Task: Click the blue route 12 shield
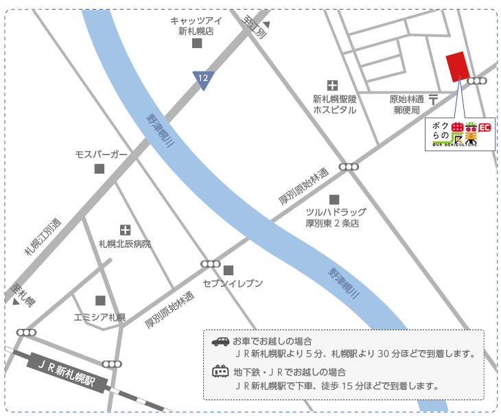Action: [x=203, y=80]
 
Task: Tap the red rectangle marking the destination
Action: [x=455, y=67]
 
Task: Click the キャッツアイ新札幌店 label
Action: [x=196, y=26]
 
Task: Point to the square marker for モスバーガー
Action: [x=100, y=169]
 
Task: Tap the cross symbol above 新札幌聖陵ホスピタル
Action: [x=333, y=86]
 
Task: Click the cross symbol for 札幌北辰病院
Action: [x=125, y=230]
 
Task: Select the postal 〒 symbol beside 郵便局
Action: [x=434, y=100]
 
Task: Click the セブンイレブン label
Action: [x=233, y=284]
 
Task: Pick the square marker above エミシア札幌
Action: [x=101, y=301]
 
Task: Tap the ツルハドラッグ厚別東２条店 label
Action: [x=336, y=218]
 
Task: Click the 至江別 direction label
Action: [x=255, y=27]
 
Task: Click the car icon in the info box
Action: [x=220, y=341]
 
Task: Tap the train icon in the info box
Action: [x=220, y=371]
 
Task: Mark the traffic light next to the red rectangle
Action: [x=477, y=81]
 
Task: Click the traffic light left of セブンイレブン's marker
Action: [x=210, y=264]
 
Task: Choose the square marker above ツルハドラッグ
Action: [x=334, y=199]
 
